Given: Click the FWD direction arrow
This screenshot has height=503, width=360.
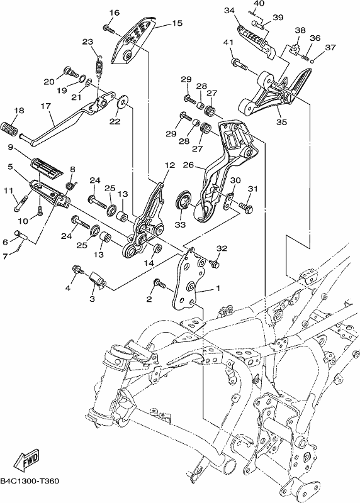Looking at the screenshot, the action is [26, 462].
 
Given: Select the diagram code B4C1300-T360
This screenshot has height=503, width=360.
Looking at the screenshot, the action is [30, 481].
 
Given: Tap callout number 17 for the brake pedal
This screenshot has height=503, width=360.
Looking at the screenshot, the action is [46, 106].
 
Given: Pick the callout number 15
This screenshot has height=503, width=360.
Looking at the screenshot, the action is [177, 23].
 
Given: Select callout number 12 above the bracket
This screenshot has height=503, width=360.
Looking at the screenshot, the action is [170, 165].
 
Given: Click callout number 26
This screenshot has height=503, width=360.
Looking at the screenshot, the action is [188, 165].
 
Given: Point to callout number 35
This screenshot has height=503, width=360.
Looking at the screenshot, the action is [281, 122].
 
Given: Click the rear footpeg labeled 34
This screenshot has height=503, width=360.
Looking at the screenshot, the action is [257, 41].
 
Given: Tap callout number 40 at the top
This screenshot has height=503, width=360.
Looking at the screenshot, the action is [259, 3].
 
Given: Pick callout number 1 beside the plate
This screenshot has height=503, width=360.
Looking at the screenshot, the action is [218, 289].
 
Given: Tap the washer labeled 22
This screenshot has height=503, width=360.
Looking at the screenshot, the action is [123, 101].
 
